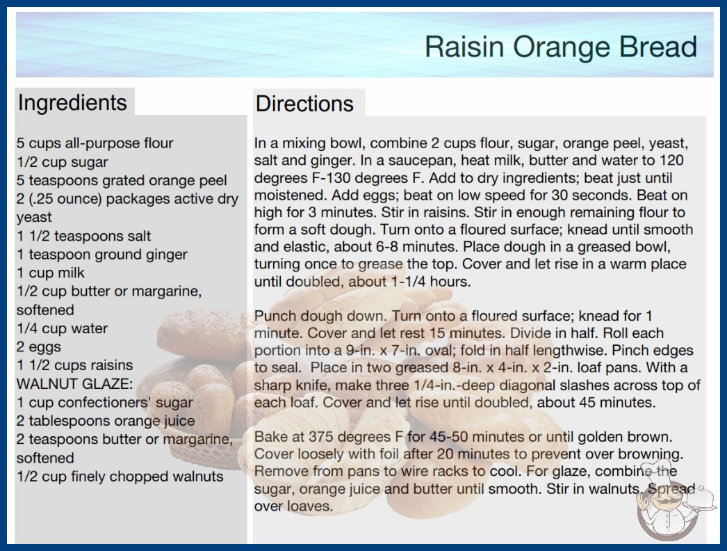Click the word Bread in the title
[x=656, y=47]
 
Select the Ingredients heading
[x=72, y=102]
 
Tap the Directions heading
[x=304, y=104]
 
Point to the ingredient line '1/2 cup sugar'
[x=62, y=162]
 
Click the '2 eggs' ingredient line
[x=39, y=346]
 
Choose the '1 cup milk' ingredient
[x=51, y=273]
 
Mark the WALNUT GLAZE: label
[x=74, y=384]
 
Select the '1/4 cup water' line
[x=62, y=328]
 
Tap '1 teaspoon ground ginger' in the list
[x=102, y=255]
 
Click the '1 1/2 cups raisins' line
[x=74, y=365]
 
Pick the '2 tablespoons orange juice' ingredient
[x=106, y=421]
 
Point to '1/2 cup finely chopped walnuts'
[x=120, y=477]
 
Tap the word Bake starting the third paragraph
[x=271, y=437]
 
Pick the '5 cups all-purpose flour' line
[x=95, y=143]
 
